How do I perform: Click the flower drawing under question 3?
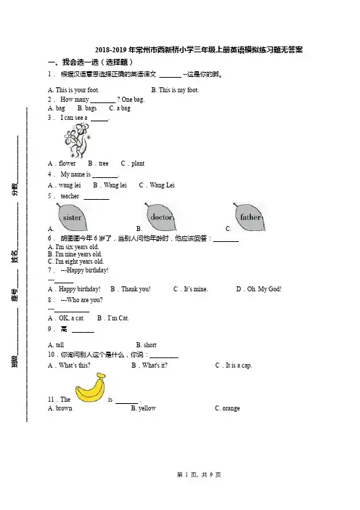click(x=77, y=141)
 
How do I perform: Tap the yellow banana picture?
click(x=91, y=389)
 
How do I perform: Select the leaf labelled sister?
click(x=73, y=217)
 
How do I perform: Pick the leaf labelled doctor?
click(x=160, y=216)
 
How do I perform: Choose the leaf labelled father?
click(x=249, y=216)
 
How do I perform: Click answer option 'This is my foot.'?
click(x=179, y=90)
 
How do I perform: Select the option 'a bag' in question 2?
click(x=123, y=108)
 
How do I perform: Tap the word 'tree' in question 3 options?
click(x=104, y=163)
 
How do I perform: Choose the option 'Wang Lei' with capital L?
click(x=162, y=185)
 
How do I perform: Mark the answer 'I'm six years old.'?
click(x=78, y=247)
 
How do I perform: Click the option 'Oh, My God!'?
click(x=264, y=289)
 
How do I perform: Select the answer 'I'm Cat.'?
click(x=118, y=318)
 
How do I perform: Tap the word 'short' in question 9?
click(x=150, y=345)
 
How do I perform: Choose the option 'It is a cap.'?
click(x=239, y=365)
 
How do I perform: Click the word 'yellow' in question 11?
click(x=147, y=408)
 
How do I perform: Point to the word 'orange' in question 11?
click(x=231, y=408)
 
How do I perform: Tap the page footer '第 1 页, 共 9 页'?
click(x=199, y=475)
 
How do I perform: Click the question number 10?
click(x=52, y=355)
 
